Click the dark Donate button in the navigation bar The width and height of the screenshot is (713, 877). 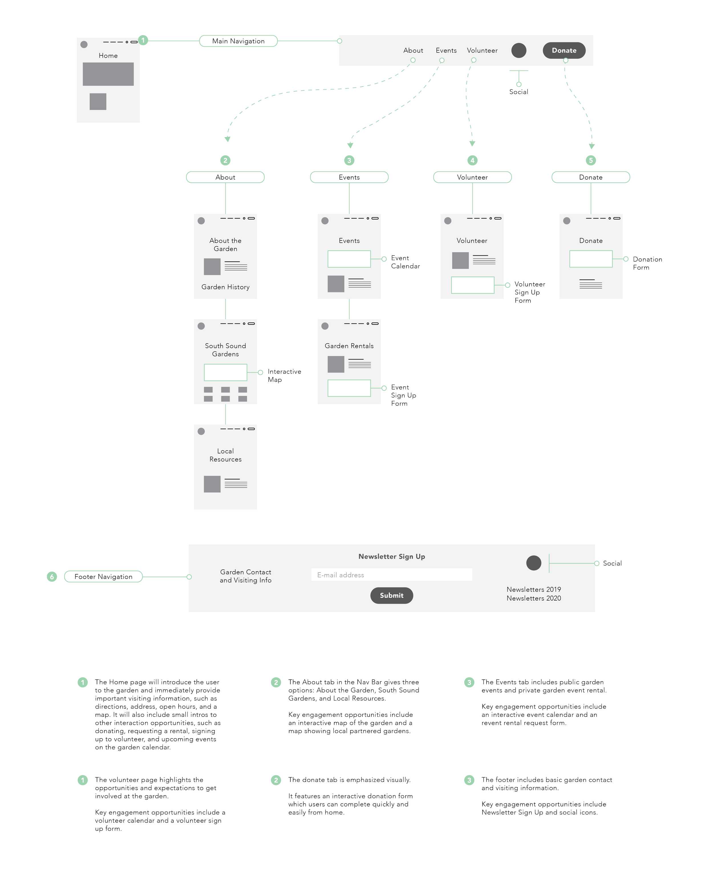click(x=564, y=51)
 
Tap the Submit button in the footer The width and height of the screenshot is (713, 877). click(x=391, y=595)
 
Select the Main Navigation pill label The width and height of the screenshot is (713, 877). click(x=238, y=41)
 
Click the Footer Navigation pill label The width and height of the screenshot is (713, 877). click(x=104, y=577)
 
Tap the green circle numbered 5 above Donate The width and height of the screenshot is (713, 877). click(x=591, y=160)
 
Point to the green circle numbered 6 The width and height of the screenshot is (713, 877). click(x=52, y=577)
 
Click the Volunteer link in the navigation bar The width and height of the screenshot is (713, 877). click(x=482, y=51)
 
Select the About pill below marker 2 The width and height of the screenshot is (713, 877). click(x=225, y=177)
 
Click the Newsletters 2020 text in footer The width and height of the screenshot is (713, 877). click(x=534, y=598)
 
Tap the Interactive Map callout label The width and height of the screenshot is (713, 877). click(x=284, y=375)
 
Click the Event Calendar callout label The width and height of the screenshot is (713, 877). click(x=405, y=262)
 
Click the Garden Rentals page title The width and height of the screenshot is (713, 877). click(x=349, y=346)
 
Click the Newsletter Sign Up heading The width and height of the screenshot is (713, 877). click(x=391, y=556)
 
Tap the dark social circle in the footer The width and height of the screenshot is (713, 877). click(x=534, y=563)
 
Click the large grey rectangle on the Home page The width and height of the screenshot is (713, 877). click(x=108, y=74)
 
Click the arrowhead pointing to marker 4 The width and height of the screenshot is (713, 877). click(x=472, y=143)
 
